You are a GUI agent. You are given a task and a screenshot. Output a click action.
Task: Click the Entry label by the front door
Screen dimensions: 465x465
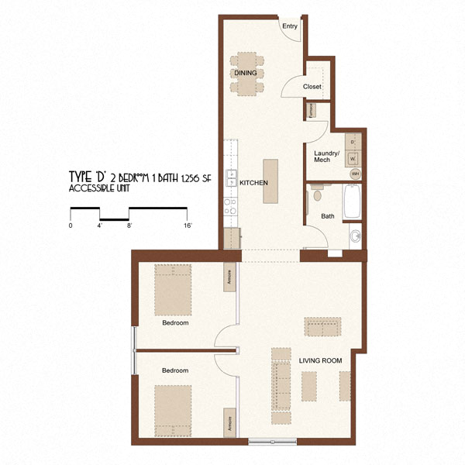289,26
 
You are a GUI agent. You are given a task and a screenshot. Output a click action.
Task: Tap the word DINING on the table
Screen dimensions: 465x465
246,73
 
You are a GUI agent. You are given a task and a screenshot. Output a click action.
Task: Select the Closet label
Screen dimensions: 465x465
312,87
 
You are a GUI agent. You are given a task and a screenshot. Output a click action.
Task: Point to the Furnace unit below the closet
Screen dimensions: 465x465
310,110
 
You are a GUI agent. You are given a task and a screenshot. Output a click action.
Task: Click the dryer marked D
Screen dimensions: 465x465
354,143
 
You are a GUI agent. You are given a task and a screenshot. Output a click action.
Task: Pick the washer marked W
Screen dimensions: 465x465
354,159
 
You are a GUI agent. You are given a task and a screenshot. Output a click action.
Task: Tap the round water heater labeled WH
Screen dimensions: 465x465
355,174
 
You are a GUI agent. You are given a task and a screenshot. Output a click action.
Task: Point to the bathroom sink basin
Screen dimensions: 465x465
355,235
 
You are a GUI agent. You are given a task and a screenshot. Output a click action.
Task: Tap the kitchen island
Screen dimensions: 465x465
270,181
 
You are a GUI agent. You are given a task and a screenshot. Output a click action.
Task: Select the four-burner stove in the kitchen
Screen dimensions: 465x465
229,206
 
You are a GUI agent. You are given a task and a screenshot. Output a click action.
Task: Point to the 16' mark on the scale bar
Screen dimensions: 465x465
187,226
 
